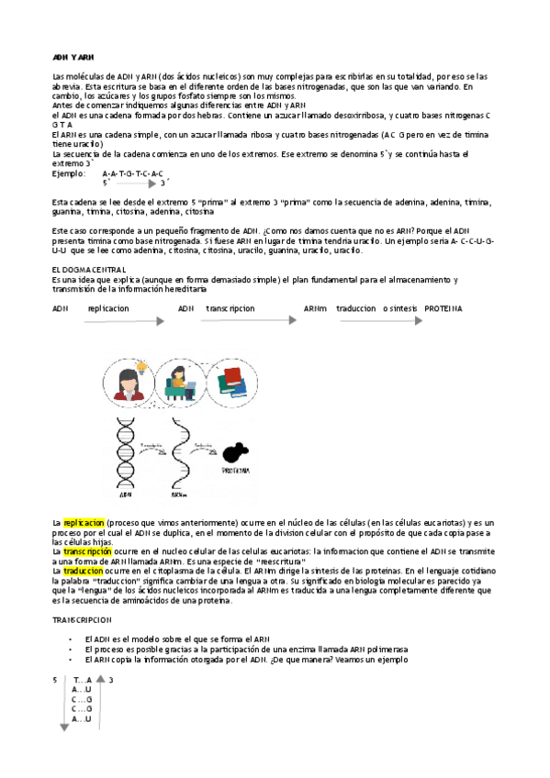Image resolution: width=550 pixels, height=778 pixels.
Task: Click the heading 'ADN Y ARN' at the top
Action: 73,57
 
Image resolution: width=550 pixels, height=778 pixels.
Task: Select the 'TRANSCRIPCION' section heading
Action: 88,620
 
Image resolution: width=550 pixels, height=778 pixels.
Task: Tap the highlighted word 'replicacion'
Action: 84,522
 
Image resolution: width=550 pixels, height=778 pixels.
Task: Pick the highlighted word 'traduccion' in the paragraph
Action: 84,570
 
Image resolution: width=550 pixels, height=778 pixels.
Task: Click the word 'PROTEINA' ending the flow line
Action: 443,308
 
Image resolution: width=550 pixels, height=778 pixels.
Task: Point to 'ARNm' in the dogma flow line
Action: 316,308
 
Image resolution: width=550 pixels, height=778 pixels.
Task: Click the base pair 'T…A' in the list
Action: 82,680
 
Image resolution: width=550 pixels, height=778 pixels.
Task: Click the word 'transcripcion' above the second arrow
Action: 230,308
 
